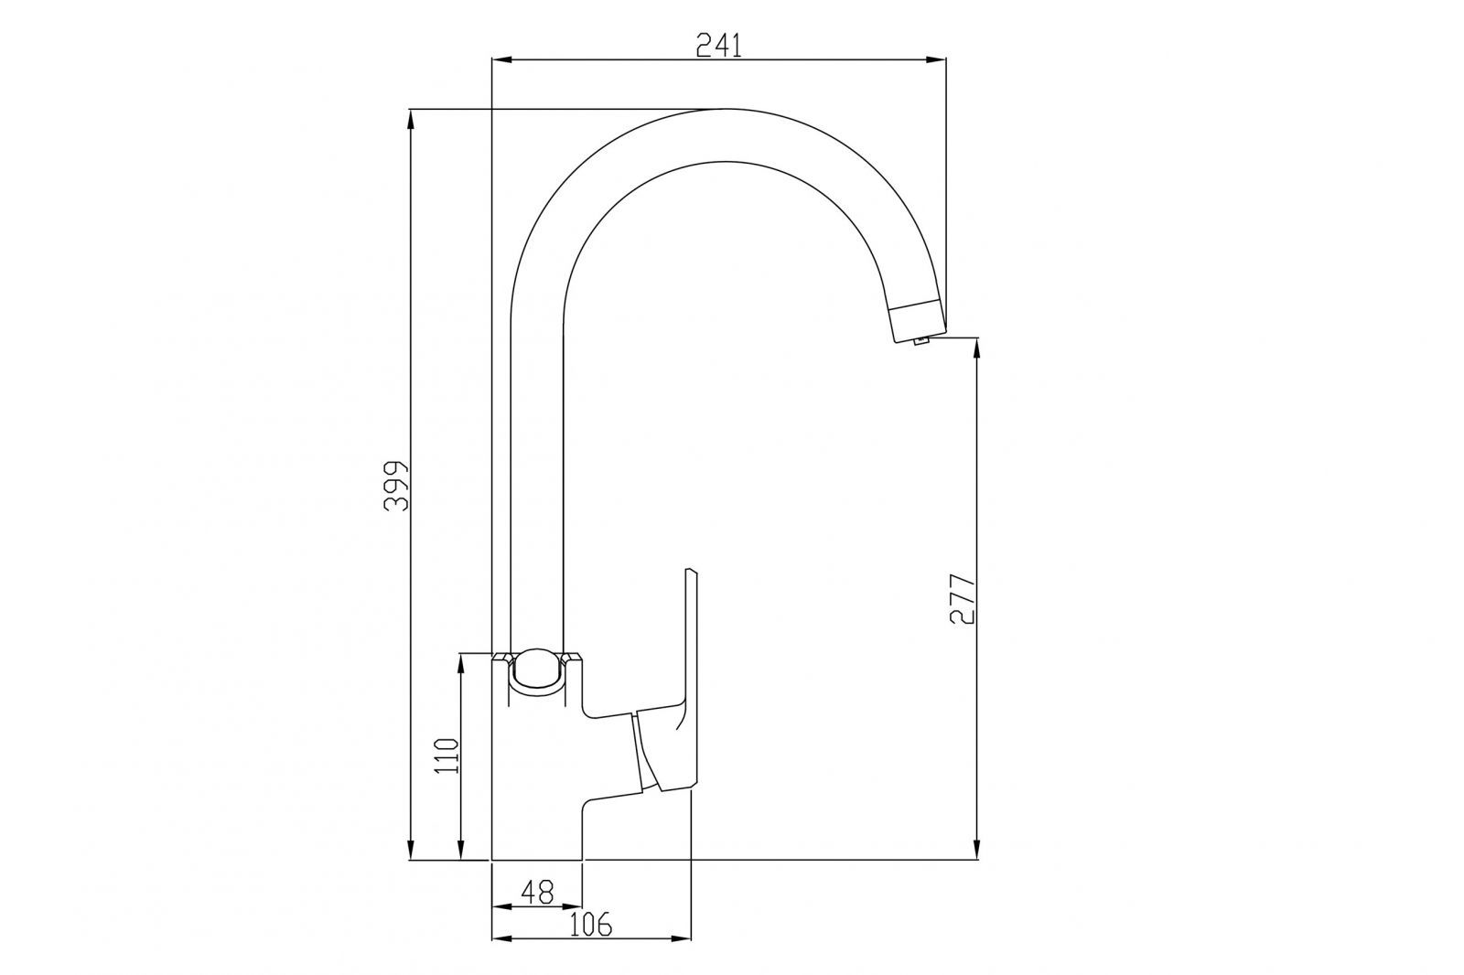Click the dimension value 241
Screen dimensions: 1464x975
click(719, 45)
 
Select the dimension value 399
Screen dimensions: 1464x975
click(396, 486)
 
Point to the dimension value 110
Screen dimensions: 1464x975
click(447, 755)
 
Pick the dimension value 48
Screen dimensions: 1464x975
click(537, 892)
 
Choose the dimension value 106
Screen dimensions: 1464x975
click(591, 924)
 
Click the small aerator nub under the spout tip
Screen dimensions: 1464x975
click(921, 340)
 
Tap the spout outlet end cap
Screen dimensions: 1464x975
click(916, 322)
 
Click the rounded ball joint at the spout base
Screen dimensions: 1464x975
click(537, 671)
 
